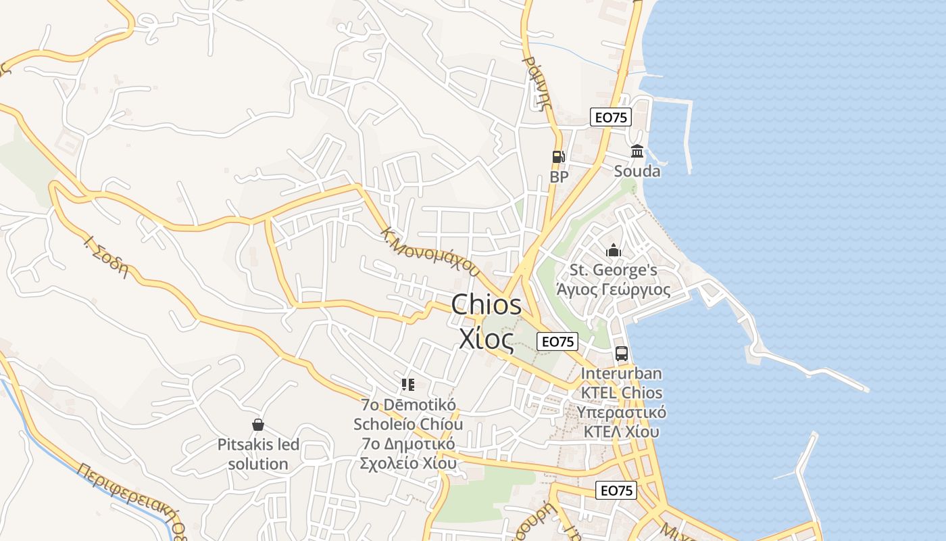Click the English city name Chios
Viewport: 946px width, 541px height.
pos(486,304)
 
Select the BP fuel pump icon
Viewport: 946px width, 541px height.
pos(558,157)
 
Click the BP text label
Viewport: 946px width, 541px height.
pos(559,177)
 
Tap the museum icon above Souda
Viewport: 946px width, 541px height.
pos(637,151)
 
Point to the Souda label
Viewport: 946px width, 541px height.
pos(637,171)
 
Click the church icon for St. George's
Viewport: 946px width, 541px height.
pos(614,250)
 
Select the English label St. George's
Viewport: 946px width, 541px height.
pos(614,270)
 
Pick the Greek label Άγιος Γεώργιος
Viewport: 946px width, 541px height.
pos(614,290)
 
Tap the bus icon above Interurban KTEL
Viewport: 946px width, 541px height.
pos(622,353)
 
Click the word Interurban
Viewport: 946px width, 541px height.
pos(621,373)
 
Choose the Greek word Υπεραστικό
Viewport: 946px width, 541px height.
pos(621,412)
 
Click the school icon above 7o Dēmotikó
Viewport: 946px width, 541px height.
pos(407,385)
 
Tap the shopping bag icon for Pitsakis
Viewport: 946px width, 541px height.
pos(257,425)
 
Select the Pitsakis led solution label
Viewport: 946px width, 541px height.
pos(258,454)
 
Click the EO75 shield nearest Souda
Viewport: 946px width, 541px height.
pos(610,117)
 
